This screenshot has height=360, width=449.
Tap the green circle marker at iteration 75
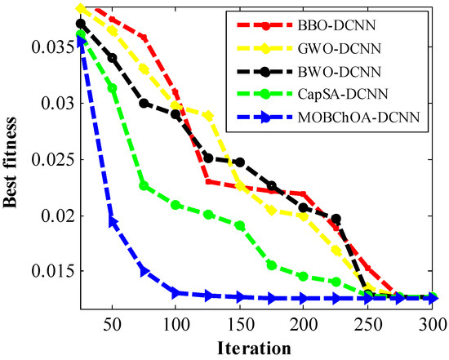tap(144, 186)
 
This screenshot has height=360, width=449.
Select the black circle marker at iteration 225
tap(336, 219)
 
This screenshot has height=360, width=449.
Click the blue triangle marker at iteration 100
tap(176, 292)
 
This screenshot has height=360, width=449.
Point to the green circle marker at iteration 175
tap(272, 265)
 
